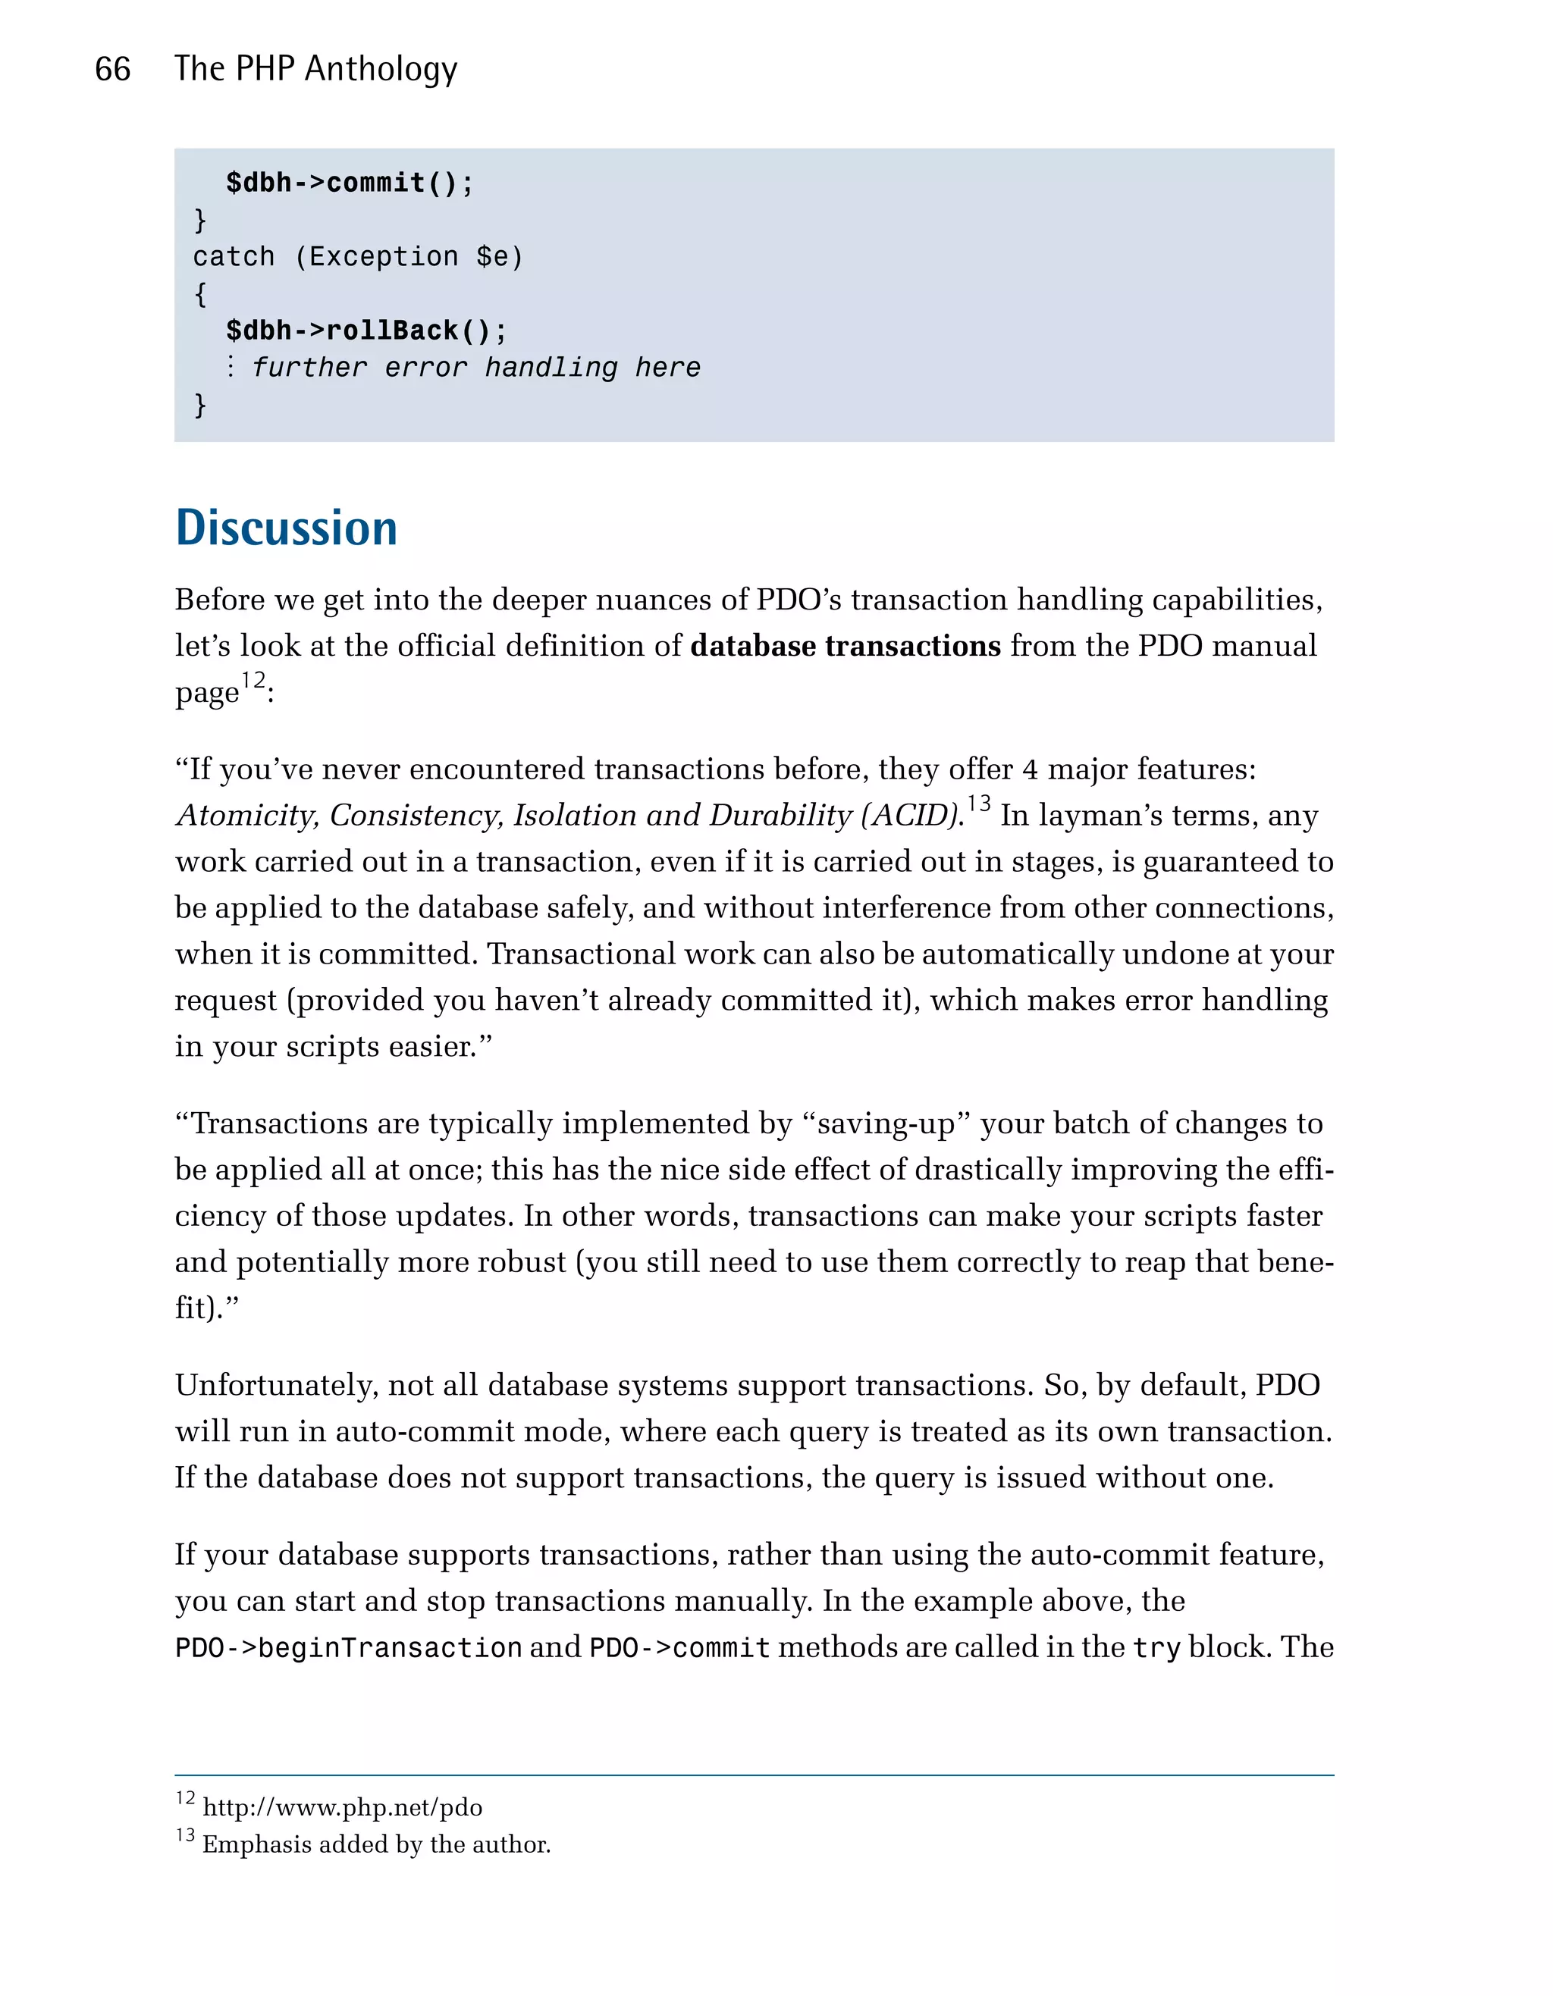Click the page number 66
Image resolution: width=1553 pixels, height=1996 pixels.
112,70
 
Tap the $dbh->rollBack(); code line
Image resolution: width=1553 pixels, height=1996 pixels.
366,330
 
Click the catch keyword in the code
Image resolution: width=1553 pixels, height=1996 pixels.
233,257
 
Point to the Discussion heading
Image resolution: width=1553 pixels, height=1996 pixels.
286,528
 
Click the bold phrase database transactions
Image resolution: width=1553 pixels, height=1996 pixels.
846,646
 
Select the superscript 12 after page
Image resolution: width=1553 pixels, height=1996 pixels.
253,681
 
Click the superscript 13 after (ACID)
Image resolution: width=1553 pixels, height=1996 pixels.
979,804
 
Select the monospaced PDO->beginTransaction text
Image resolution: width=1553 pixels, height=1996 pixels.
348,1648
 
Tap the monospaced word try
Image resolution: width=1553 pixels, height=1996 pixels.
1156,1648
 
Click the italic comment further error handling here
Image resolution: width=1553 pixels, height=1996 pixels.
475,368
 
